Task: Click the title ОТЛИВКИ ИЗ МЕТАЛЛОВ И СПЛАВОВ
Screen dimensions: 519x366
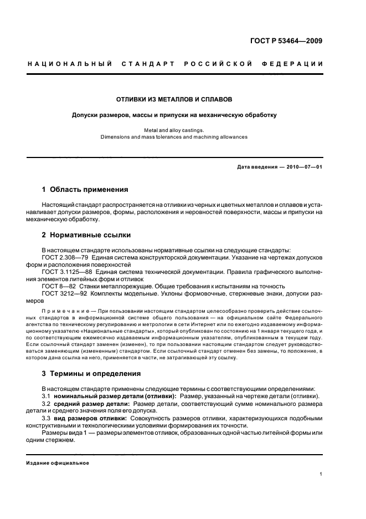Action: coord(173,100)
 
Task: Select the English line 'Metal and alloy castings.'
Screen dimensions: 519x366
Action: coord(173,130)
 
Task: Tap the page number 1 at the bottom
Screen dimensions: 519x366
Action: coord(321,475)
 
